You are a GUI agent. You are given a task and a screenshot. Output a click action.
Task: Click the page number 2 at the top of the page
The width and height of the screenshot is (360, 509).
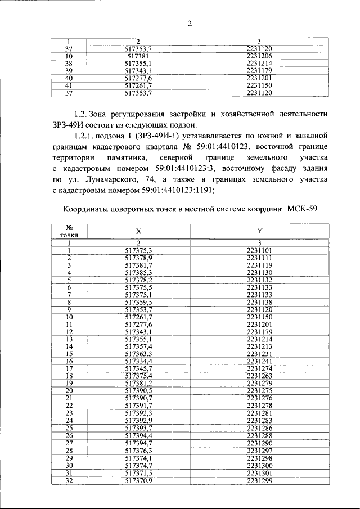[189, 23]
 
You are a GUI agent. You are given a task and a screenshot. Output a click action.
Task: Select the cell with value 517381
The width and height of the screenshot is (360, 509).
[137, 57]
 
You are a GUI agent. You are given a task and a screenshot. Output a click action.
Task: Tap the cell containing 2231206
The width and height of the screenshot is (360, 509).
[259, 57]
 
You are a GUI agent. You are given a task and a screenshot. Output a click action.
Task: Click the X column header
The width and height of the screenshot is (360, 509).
[138, 231]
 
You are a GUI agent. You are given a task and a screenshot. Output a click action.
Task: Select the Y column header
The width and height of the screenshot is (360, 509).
[259, 231]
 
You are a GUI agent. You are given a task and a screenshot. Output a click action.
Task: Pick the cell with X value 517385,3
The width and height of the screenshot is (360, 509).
[138, 272]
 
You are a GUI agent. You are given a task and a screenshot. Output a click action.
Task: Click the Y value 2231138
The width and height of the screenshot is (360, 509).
[259, 301]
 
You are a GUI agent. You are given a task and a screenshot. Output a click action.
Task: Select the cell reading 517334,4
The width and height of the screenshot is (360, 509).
[138, 361]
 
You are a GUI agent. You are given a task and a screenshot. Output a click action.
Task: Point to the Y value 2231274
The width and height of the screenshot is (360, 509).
[259, 368]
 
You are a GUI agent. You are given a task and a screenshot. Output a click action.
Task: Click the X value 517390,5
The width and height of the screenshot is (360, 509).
[138, 390]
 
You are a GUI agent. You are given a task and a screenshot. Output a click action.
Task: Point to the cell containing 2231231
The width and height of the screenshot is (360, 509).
[259, 353]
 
